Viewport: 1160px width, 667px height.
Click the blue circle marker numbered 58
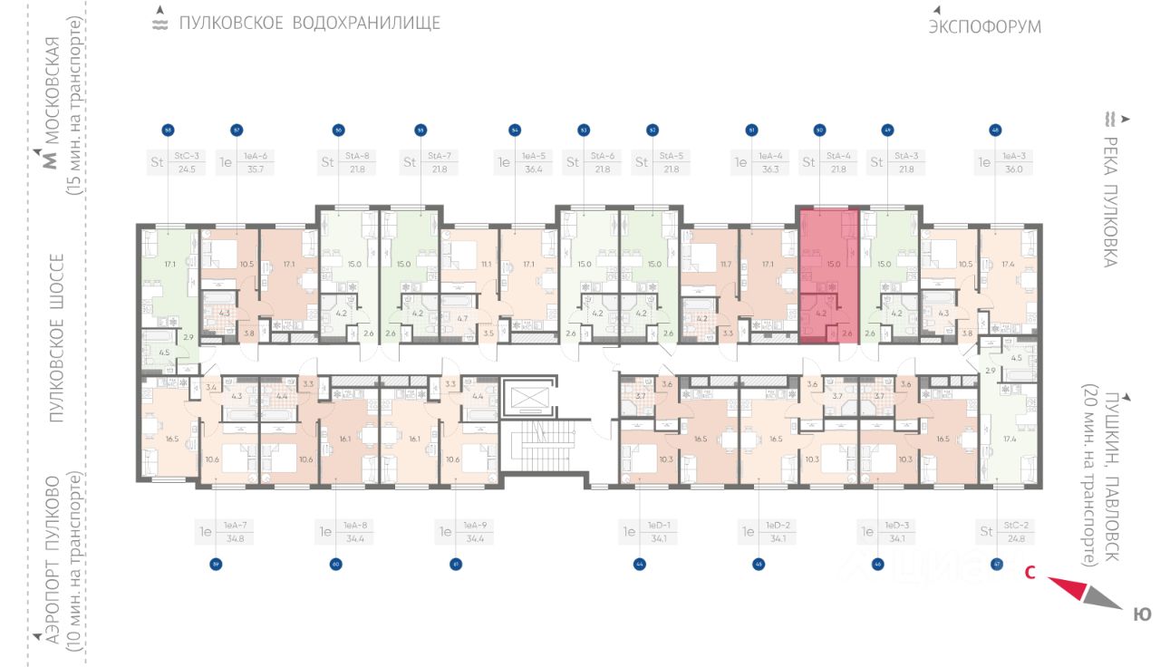click(168, 130)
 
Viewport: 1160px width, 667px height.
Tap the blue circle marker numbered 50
click(818, 130)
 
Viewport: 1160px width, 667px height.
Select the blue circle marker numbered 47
click(997, 565)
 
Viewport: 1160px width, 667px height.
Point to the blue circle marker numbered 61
click(454, 565)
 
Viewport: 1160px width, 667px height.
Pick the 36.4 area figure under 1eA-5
click(532, 169)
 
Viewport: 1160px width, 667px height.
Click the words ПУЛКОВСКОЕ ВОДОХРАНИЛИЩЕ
click(309, 24)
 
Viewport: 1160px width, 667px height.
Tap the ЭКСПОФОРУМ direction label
click(984, 27)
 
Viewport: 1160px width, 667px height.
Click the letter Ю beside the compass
click(1142, 615)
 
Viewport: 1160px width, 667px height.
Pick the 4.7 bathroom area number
click(462, 318)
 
